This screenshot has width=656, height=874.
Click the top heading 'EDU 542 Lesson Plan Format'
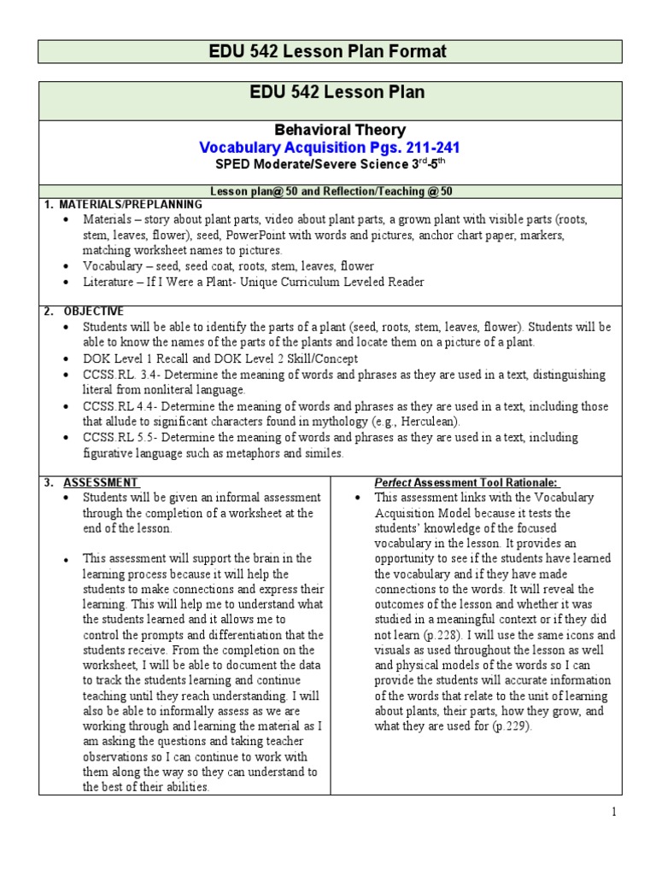(x=328, y=52)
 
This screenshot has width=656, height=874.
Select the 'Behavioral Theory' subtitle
(x=328, y=131)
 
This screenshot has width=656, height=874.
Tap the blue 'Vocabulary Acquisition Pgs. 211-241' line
(x=328, y=148)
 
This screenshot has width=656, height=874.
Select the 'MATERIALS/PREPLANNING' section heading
(x=129, y=204)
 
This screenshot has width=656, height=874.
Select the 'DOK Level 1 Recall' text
(x=136, y=358)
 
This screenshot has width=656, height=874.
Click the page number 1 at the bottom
(x=613, y=812)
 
